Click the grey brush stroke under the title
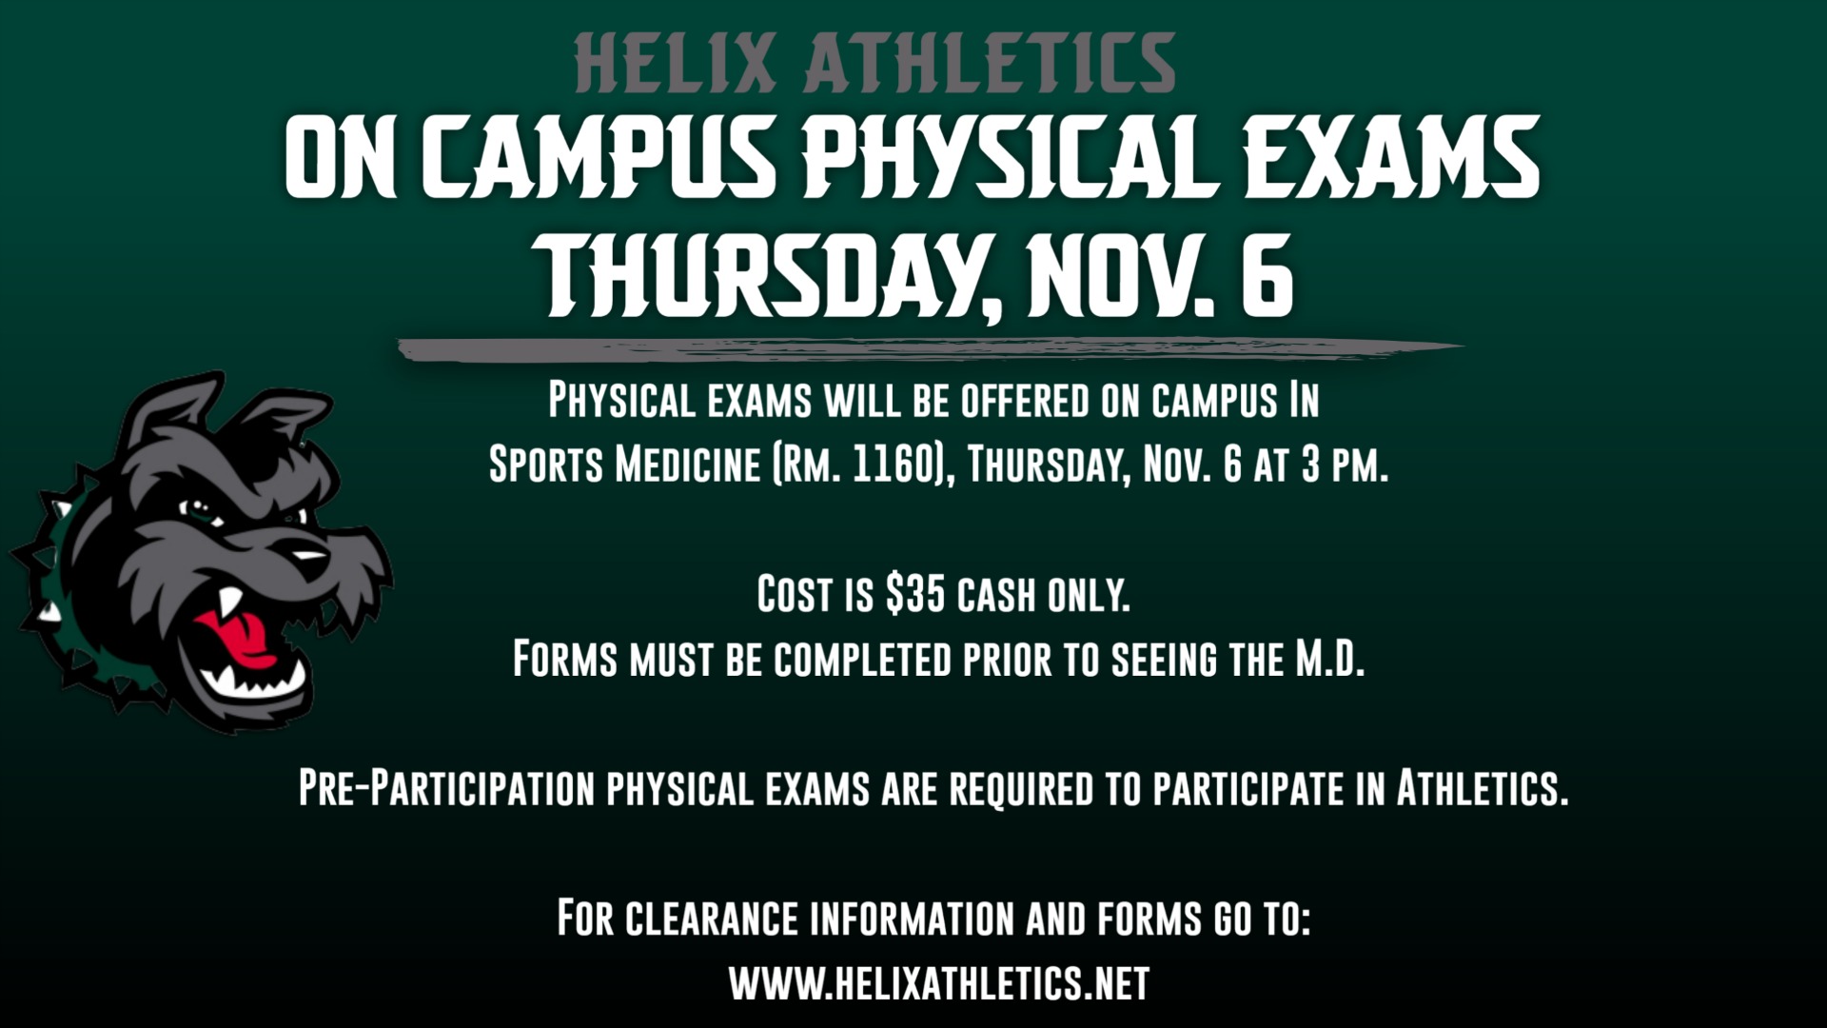[x=931, y=349]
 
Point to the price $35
[x=914, y=595]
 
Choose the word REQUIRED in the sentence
[x=1021, y=788]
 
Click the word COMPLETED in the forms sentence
[x=863, y=659]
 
